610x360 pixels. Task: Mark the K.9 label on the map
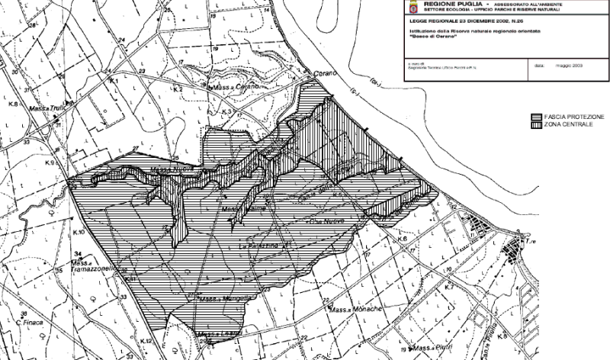[51, 162]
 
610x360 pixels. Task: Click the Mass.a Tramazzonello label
[98, 267]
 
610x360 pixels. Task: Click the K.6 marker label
[403, 239]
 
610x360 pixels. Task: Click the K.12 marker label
[147, 340]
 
